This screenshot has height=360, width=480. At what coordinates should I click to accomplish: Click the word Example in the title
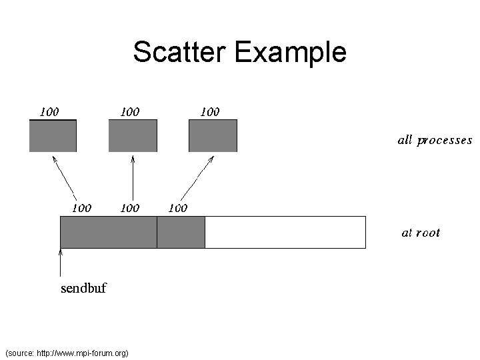pos(290,52)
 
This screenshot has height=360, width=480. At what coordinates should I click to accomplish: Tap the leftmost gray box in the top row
pos(53,136)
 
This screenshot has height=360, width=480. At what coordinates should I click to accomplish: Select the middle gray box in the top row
pos(133,136)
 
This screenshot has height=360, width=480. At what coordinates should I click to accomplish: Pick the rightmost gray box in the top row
pos(213,136)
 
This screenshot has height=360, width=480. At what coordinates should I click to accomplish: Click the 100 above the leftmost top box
pos(49,111)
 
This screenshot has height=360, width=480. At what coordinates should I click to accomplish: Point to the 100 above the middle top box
pos(129,111)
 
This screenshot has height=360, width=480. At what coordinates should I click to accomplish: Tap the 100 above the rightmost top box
pos(209,111)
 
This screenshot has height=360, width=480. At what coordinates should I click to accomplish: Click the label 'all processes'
pos(435,141)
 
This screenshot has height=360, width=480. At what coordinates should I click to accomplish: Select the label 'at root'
pos(421,233)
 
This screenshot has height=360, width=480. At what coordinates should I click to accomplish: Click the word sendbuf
pos(83,289)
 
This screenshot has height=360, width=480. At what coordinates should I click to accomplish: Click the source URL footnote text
pos(66,352)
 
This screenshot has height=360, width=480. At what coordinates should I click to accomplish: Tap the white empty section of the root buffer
pos(285,232)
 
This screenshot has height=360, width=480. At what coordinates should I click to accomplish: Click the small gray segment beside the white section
pos(181,232)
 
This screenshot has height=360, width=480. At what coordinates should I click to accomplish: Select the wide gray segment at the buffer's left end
pos(109,232)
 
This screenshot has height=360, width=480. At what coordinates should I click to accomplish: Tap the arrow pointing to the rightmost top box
pos(198,177)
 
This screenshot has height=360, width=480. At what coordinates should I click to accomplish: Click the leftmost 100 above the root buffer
pos(81,208)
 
